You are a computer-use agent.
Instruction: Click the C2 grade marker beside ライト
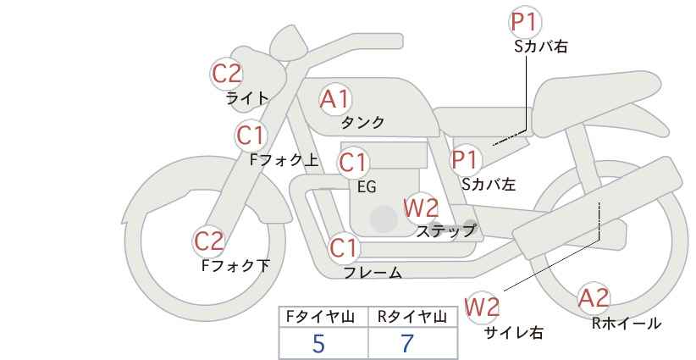(226, 74)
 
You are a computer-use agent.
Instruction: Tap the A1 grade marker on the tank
(335, 99)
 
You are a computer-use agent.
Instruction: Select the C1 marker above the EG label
(353, 163)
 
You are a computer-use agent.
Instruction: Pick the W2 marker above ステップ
(420, 208)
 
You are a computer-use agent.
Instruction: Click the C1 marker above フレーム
(343, 248)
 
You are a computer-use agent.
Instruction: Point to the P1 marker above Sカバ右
(525, 22)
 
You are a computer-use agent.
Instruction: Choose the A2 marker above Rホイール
(594, 298)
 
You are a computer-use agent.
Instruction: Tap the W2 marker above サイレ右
(482, 307)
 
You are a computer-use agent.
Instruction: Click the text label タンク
(362, 123)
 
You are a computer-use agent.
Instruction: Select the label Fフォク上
(284, 160)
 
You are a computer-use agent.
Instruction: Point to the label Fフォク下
(235, 266)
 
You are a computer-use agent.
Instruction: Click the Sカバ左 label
(489, 184)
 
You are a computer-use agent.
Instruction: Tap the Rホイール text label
(627, 324)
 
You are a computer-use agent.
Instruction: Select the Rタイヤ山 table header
(412, 317)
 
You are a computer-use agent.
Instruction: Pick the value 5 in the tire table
(318, 343)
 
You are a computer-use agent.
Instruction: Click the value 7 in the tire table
(407, 343)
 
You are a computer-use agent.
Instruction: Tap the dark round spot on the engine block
(384, 219)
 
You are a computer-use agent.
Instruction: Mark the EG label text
(367, 187)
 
